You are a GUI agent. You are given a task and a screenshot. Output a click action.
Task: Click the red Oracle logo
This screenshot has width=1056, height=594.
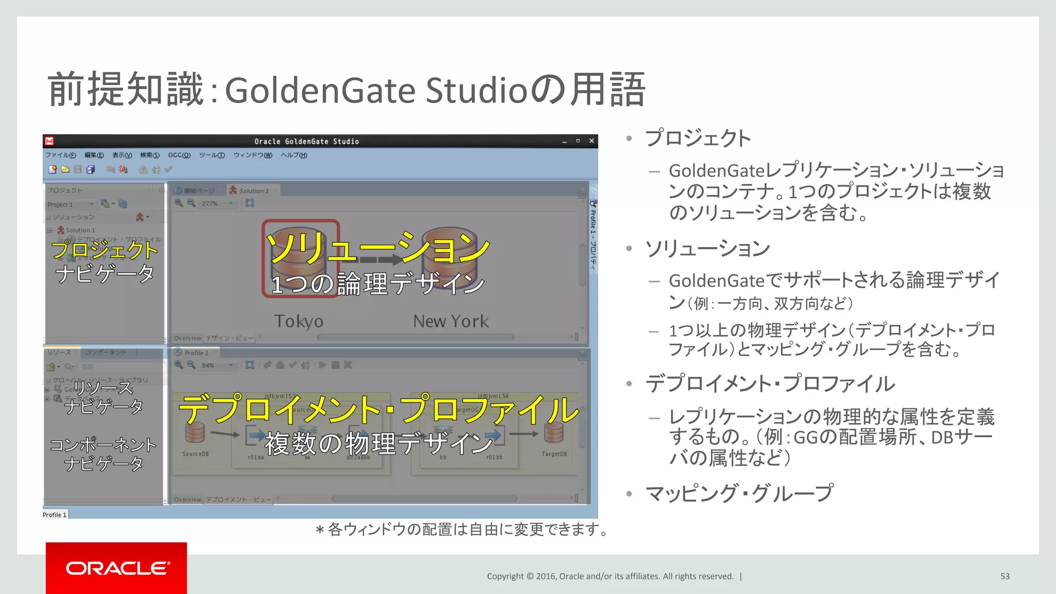[117, 568]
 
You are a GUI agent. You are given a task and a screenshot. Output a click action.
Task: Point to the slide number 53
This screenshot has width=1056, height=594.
[1004, 576]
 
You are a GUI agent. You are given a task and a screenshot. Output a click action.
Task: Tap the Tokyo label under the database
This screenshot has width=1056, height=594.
[299, 321]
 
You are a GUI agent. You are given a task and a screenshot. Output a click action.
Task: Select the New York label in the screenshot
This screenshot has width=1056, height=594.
[451, 321]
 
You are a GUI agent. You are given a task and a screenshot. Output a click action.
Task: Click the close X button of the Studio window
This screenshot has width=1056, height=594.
[591, 141]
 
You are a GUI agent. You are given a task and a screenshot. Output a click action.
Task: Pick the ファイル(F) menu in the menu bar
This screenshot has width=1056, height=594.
[60, 155]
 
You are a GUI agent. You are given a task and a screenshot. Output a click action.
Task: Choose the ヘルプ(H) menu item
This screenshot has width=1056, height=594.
[294, 155]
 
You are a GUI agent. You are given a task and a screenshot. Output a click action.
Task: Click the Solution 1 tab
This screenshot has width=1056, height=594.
[253, 191]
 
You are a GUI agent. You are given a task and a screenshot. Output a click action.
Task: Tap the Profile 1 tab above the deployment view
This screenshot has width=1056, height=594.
[196, 353]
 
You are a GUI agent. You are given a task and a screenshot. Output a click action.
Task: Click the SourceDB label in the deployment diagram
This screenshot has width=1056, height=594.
[195, 454]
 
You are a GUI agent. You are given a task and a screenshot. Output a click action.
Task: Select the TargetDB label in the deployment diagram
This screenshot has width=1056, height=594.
[554, 454]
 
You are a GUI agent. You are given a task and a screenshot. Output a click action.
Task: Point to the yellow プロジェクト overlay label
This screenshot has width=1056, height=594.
[105, 250]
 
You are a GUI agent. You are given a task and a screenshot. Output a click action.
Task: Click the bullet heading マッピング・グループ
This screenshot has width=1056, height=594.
[739, 493]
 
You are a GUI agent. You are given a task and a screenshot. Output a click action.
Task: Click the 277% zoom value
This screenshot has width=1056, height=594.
[209, 204]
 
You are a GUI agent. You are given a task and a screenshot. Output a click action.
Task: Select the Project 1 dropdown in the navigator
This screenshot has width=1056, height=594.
[70, 205]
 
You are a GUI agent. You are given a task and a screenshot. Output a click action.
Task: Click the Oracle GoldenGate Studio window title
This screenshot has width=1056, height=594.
[306, 141]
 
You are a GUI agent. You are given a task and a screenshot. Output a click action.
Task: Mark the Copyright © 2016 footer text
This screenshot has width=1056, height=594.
[610, 576]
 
